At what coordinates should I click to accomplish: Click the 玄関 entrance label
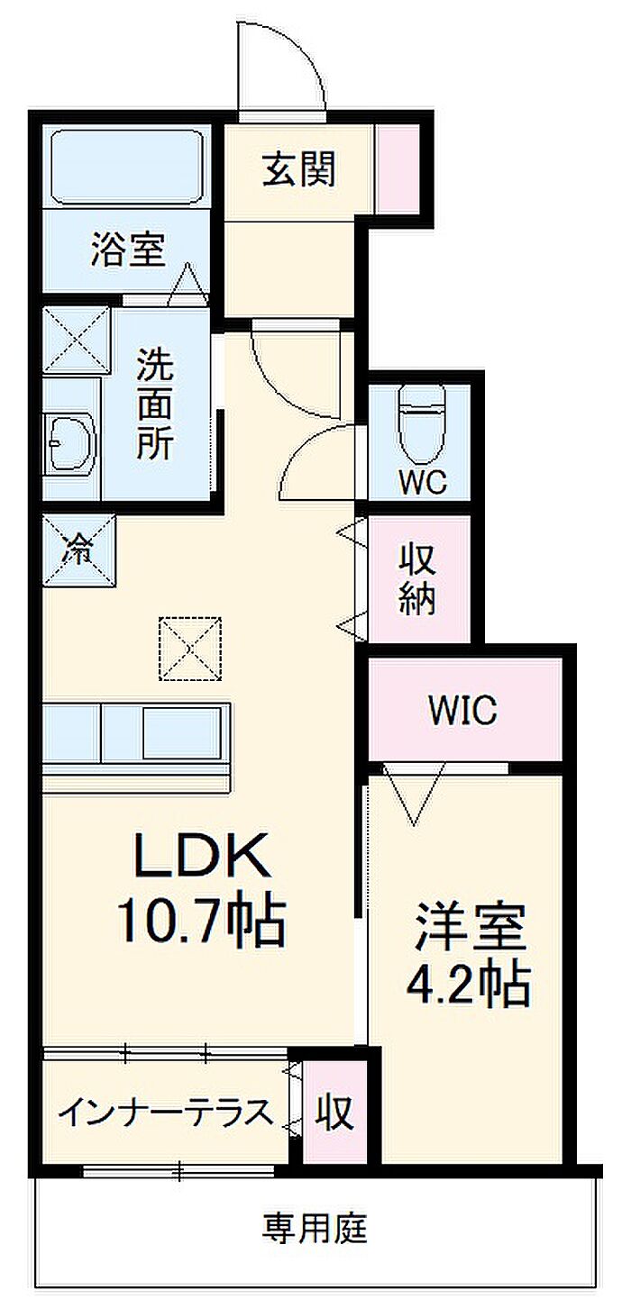[x=299, y=168]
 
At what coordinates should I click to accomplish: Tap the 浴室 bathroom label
[x=128, y=248]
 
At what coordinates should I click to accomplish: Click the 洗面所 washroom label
[x=154, y=403]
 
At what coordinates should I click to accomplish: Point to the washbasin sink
[x=69, y=441]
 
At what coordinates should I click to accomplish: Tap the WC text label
[x=423, y=482]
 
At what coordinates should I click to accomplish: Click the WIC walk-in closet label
[x=462, y=712]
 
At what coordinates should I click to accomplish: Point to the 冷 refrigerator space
[x=79, y=549]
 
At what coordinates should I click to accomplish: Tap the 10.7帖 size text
[x=199, y=919]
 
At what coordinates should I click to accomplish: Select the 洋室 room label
[x=471, y=930]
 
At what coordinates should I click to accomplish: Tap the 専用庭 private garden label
[x=315, y=1227]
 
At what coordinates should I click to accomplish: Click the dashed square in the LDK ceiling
[x=190, y=648]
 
